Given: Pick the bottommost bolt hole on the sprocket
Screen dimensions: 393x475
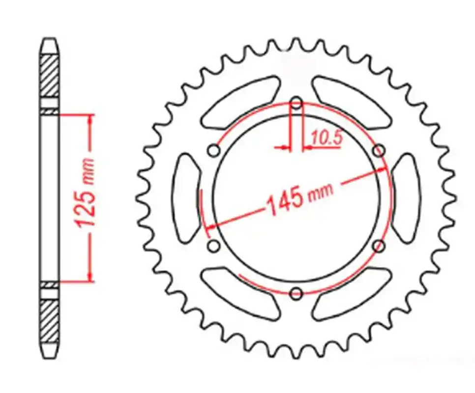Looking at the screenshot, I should click(x=296, y=293).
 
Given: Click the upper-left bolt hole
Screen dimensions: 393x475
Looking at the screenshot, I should click(x=214, y=151).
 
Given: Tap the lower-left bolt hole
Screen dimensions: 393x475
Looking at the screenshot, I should click(x=214, y=246).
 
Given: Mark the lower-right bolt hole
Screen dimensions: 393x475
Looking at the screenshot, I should click(x=379, y=246).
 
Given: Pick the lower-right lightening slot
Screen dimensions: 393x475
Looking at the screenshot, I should click(x=352, y=294).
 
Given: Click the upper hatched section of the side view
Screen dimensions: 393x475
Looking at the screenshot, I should click(x=50, y=77).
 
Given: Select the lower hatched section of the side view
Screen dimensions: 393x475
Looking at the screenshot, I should click(x=50, y=322).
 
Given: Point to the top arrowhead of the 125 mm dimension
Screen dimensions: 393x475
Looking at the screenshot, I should click(x=90, y=121).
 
